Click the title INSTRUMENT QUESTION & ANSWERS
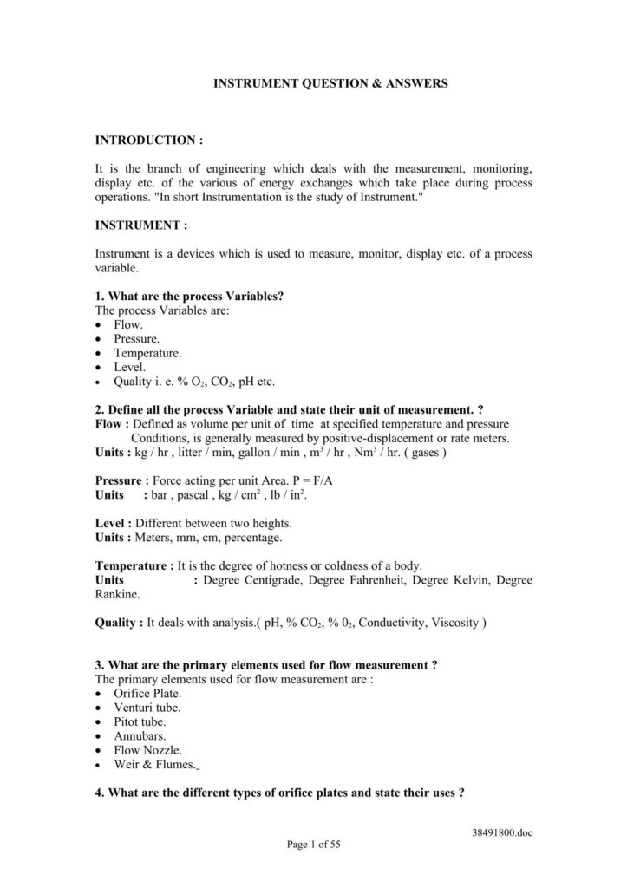331,84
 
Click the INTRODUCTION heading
148,140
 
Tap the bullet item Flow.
128,324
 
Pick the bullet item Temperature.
147,353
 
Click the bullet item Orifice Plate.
147,694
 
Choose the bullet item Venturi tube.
147,708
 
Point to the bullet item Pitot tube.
140,721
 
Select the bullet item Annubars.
140,735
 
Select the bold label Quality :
119,622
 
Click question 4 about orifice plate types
280,793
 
